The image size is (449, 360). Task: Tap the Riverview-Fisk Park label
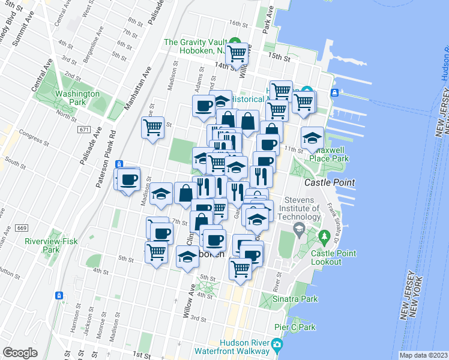[43, 245]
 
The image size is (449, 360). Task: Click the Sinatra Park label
[279, 298]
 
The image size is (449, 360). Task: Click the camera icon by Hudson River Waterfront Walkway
[277, 345]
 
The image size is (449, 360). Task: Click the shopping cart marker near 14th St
[238, 54]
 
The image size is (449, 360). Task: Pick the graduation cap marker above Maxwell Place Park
[312, 139]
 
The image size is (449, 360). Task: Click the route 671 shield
[84, 129]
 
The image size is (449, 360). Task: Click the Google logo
[20, 352]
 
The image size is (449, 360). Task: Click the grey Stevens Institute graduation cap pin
[298, 229]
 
